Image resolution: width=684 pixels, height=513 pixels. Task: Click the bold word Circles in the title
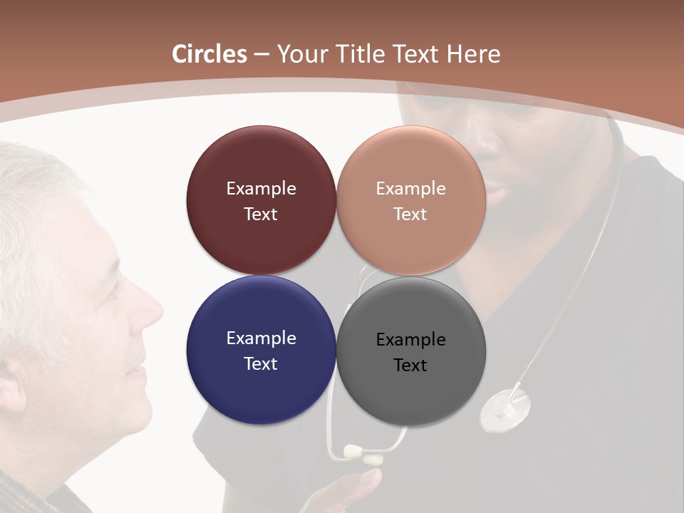tap(209, 54)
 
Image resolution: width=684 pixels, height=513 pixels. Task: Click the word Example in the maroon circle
tap(261, 189)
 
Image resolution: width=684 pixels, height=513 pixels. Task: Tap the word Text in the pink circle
tap(410, 214)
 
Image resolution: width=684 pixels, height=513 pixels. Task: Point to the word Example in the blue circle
tap(261, 338)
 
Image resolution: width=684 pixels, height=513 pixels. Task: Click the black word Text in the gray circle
tap(410, 366)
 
